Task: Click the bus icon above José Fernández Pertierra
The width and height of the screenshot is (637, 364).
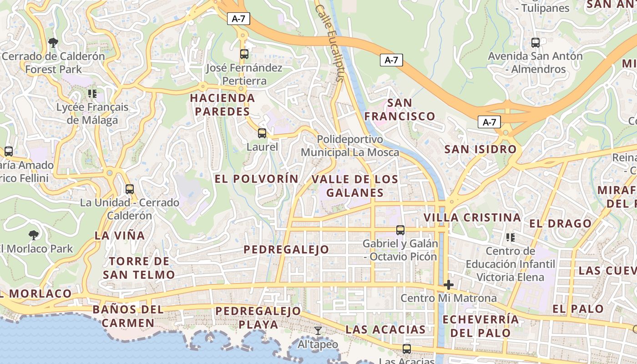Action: (x=244, y=54)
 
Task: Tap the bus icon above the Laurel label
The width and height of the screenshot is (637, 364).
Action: (x=262, y=133)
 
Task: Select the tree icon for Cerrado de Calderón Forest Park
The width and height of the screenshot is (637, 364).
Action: (x=53, y=43)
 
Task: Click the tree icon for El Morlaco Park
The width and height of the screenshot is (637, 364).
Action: (x=33, y=235)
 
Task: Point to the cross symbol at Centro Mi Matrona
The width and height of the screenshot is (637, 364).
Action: (x=449, y=285)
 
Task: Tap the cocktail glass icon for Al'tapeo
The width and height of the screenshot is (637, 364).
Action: (x=318, y=331)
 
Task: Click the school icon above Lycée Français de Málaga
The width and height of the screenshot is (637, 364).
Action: (x=92, y=94)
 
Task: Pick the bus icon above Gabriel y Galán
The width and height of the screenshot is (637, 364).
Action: (x=400, y=230)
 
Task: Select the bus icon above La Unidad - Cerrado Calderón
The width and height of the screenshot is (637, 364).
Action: (x=130, y=189)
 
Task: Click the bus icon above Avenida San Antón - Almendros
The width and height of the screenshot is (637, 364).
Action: (x=536, y=43)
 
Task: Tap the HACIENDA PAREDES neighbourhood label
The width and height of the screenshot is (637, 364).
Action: (x=222, y=105)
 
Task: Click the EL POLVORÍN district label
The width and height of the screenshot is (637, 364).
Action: (x=257, y=179)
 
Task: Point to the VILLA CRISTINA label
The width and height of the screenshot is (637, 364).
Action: (x=472, y=217)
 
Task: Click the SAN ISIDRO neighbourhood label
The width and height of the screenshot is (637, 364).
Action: (x=480, y=149)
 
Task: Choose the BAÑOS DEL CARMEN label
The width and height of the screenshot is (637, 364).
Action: (x=128, y=316)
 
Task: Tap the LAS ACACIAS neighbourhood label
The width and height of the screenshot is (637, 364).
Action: (x=385, y=329)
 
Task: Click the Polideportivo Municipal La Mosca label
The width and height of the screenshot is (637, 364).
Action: (x=349, y=146)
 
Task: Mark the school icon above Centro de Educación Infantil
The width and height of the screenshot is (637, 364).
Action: (x=511, y=238)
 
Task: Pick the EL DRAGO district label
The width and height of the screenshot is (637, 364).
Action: (x=560, y=223)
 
